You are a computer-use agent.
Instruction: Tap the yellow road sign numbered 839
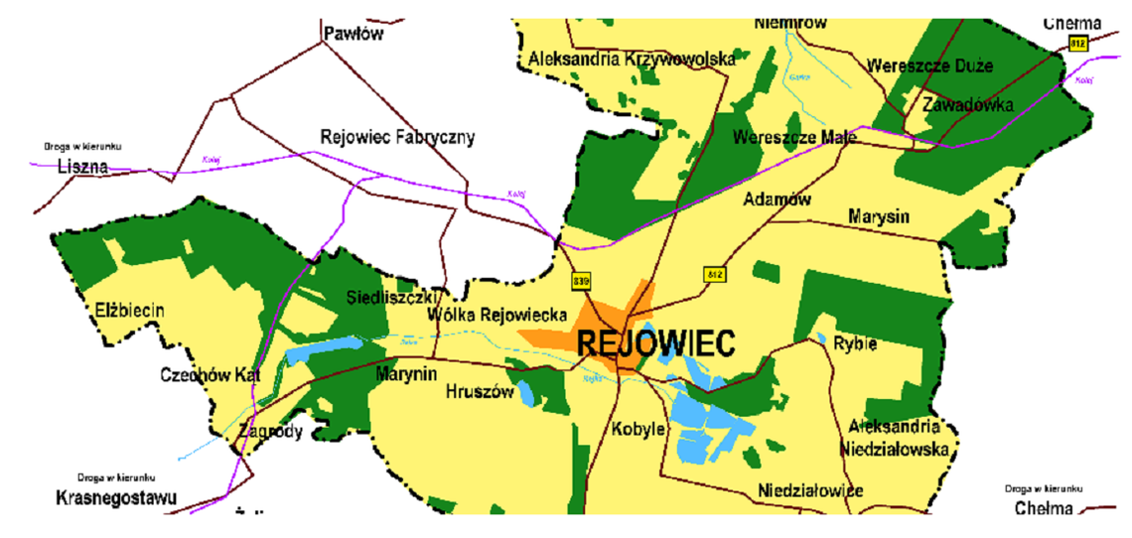(582, 283)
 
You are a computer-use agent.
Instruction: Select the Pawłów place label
(354, 34)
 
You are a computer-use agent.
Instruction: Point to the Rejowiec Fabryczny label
(397, 137)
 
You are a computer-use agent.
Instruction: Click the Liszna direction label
(82, 166)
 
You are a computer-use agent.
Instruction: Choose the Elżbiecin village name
(125, 311)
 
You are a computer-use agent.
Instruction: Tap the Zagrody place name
(270, 432)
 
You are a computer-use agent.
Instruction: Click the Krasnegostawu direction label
(116, 496)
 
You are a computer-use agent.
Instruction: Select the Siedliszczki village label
(393, 297)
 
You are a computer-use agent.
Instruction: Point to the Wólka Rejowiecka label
(496, 315)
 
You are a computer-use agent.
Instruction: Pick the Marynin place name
(406, 374)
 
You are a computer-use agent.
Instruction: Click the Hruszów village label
(480, 391)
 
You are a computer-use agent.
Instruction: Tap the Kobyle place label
(638, 429)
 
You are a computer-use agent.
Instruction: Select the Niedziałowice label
(809, 490)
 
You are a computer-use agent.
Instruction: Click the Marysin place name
(879, 216)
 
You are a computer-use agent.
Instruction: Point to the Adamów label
(777, 200)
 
